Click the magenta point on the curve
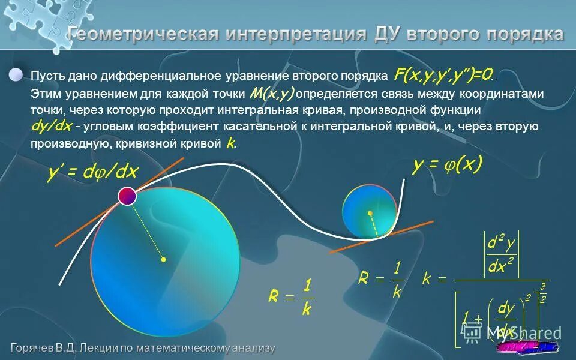tap(127, 196)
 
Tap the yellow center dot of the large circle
tap(163, 260)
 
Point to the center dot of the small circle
tap(370, 213)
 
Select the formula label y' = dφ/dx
tap(93, 173)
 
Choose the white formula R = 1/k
tap(381, 278)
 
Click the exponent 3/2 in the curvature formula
tap(542, 293)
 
